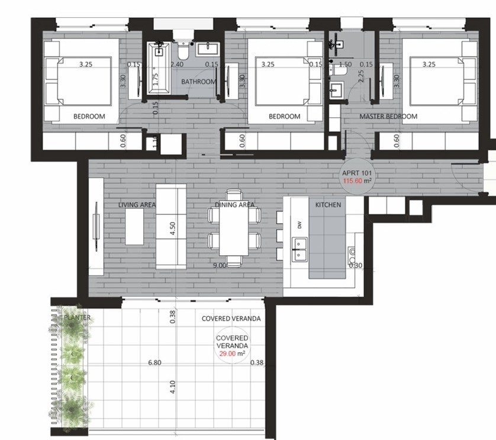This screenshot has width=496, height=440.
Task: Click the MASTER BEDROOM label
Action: click(x=388, y=117)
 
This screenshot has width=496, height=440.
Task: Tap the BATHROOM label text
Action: click(x=198, y=82)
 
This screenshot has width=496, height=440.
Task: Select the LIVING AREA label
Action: click(x=137, y=205)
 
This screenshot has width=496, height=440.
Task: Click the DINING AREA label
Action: click(x=234, y=205)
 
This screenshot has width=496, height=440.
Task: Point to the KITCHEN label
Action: click(x=328, y=205)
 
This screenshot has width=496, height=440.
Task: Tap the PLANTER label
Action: click(x=78, y=318)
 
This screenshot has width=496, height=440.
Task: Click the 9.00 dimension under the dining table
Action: click(x=219, y=266)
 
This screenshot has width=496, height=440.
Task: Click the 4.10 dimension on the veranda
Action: click(x=173, y=387)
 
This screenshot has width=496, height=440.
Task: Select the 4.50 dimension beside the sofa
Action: click(x=173, y=229)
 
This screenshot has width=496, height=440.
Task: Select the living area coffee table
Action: click(x=134, y=227)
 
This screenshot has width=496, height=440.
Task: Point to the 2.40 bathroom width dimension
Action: click(x=176, y=65)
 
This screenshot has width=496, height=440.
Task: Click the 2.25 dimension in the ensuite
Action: click(x=360, y=76)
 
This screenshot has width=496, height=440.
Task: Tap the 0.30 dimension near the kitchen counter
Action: click(x=356, y=266)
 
